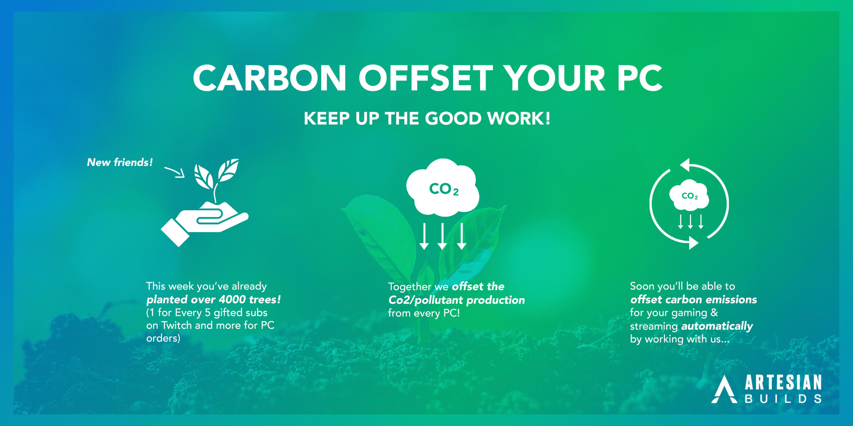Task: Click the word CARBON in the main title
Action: click(269, 78)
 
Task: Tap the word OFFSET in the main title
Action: click(426, 78)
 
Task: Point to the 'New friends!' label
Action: click(120, 162)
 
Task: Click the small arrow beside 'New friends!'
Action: click(175, 172)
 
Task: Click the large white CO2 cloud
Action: click(443, 187)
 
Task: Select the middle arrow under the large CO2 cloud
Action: click(443, 236)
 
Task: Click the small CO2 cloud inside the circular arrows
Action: click(689, 195)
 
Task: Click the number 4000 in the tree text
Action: click(232, 299)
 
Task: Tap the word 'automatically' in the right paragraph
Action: click(717, 326)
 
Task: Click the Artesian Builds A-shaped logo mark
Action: click(724, 390)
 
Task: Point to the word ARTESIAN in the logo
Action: click(783, 383)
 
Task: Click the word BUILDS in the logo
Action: click(783, 399)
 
